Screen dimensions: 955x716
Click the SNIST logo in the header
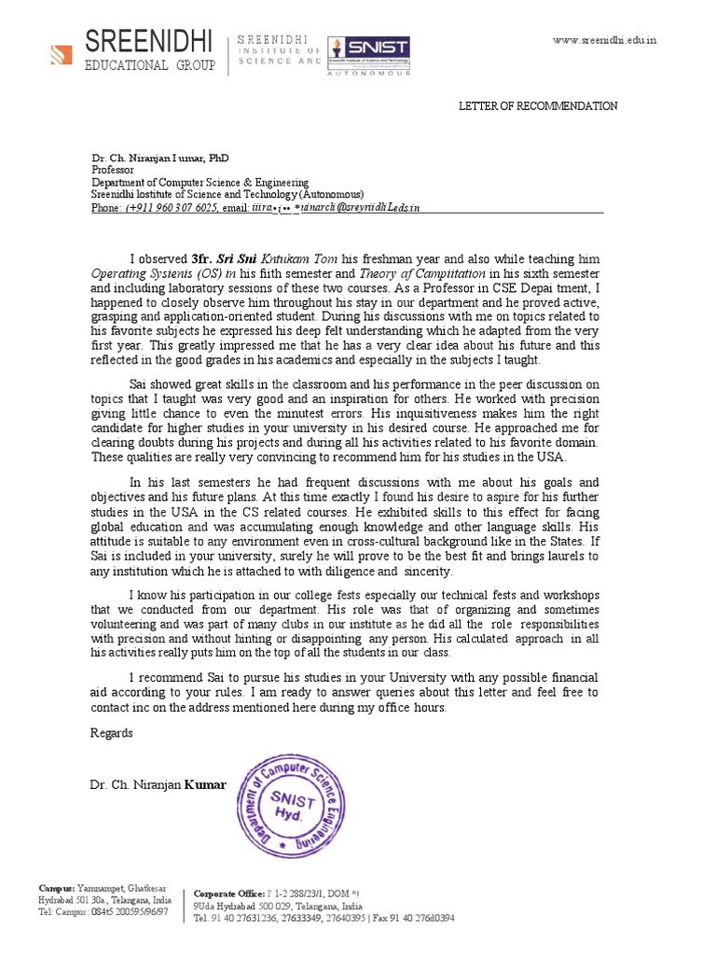(x=374, y=50)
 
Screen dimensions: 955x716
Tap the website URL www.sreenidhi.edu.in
(x=604, y=40)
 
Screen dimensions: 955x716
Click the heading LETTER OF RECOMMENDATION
(x=537, y=106)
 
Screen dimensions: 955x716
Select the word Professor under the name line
(x=113, y=171)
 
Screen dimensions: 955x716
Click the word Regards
(x=111, y=733)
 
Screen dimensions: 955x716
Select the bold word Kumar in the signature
(x=205, y=785)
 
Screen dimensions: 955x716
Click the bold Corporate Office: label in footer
(x=228, y=893)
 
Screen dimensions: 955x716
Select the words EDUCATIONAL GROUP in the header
(x=150, y=66)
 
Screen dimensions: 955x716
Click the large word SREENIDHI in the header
(x=149, y=40)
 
